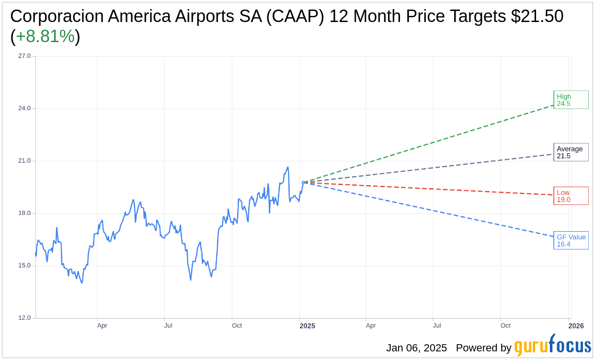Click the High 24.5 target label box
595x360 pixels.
click(x=571, y=100)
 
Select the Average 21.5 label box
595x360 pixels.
click(x=571, y=152)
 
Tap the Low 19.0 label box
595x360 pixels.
click(x=571, y=196)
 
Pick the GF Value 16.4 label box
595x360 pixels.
click(x=571, y=240)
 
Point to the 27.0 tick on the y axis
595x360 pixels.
click(x=24, y=56)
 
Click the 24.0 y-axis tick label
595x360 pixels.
click(x=24, y=108)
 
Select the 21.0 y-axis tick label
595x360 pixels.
click(x=24, y=161)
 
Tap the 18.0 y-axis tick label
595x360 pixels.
click(x=24, y=213)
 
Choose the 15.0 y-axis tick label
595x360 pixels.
click(x=24, y=266)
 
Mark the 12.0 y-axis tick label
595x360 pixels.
click(x=24, y=318)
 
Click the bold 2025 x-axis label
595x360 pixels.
click(x=307, y=326)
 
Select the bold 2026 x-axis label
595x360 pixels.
click(x=576, y=326)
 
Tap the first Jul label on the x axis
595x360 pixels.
click(x=168, y=326)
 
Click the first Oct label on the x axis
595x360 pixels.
click(x=237, y=326)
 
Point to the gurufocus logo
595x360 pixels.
click(x=552, y=346)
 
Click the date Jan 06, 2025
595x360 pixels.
click(x=416, y=348)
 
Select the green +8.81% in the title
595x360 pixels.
click(x=45, y=36)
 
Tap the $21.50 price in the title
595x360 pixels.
click(x=537, y=16)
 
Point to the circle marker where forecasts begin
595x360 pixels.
click(x=303, y=182)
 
